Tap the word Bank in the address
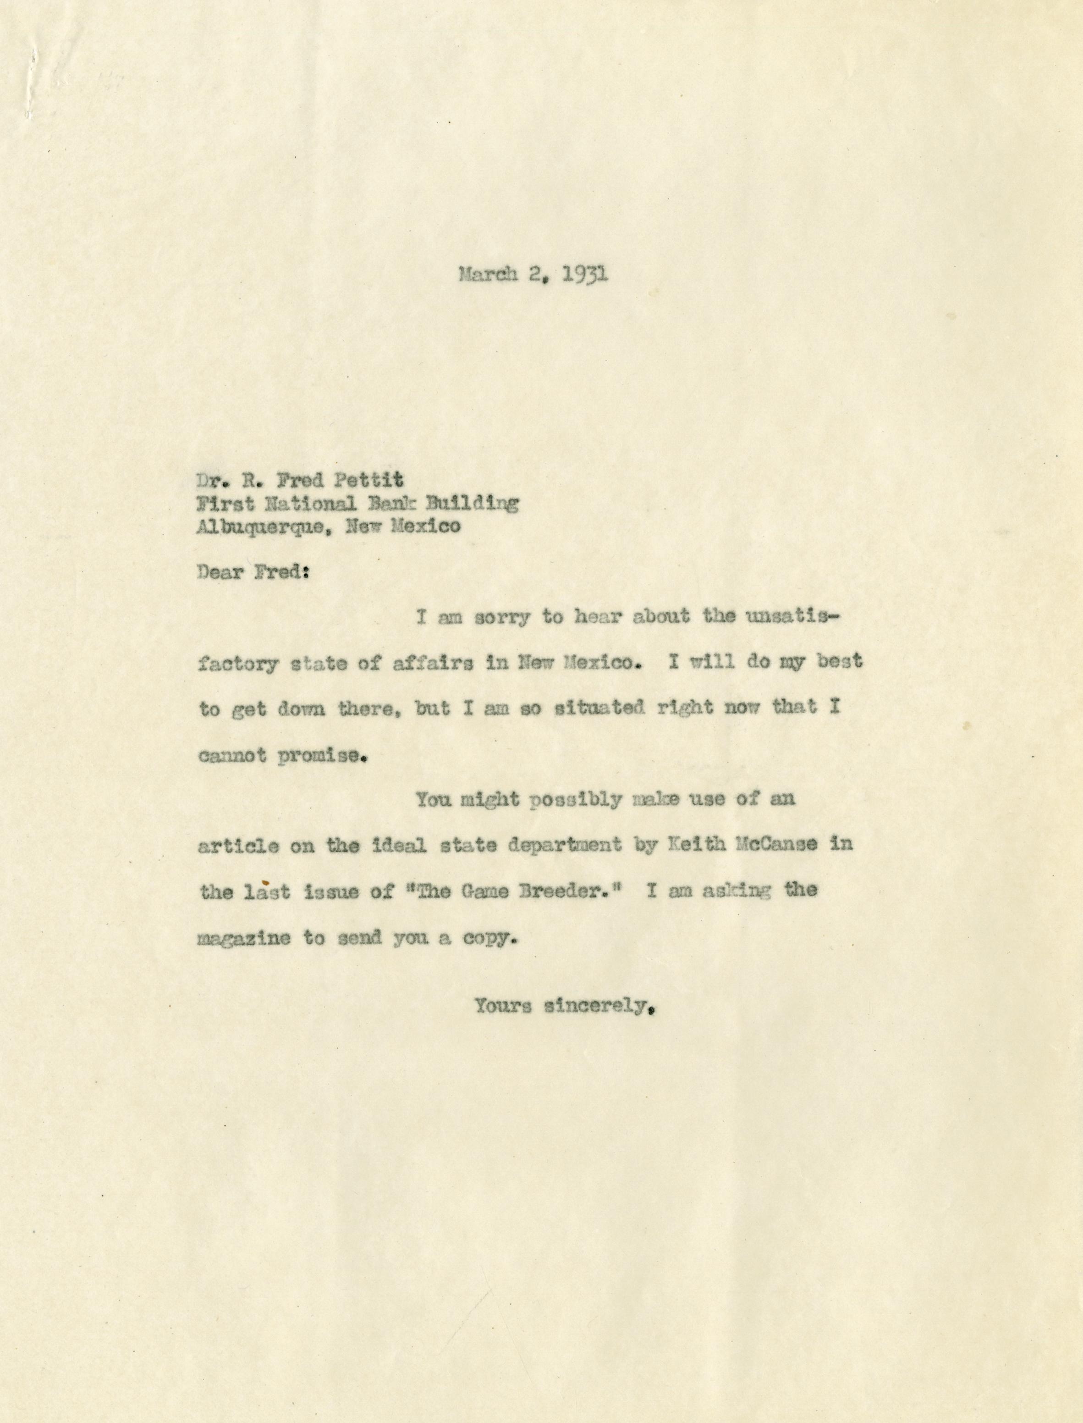pyautogui.click(x=401, y=503)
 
